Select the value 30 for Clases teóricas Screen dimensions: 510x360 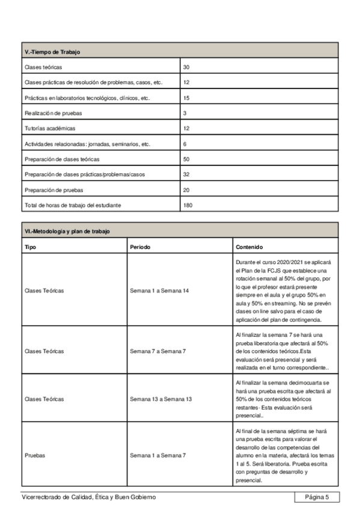pos(186,67)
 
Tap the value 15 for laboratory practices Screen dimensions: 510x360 pos(186,97)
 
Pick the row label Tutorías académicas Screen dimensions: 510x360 pos(49,129)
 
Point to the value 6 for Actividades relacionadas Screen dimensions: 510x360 pos(185,144)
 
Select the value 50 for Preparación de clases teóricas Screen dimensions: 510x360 pos(186,159)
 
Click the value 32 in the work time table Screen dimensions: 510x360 pos(186,175)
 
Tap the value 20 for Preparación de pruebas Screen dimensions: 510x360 pos(186,191)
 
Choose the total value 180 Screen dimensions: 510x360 pos(188,206)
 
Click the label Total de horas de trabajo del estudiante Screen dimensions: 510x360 pos(72,206)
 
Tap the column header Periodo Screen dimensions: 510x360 pos(140,247)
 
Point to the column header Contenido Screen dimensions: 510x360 pos(249,247)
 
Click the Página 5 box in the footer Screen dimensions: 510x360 pos(317,497)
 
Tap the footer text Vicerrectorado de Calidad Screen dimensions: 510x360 pos(89,497)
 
